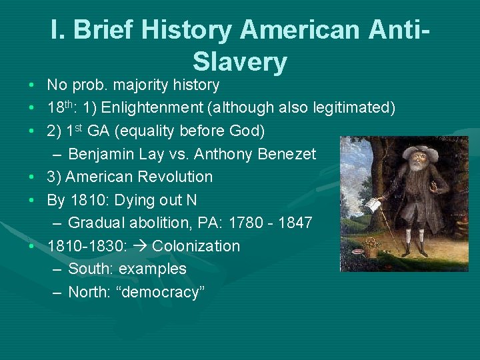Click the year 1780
coord(247,223)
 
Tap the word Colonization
coord(196,246)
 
